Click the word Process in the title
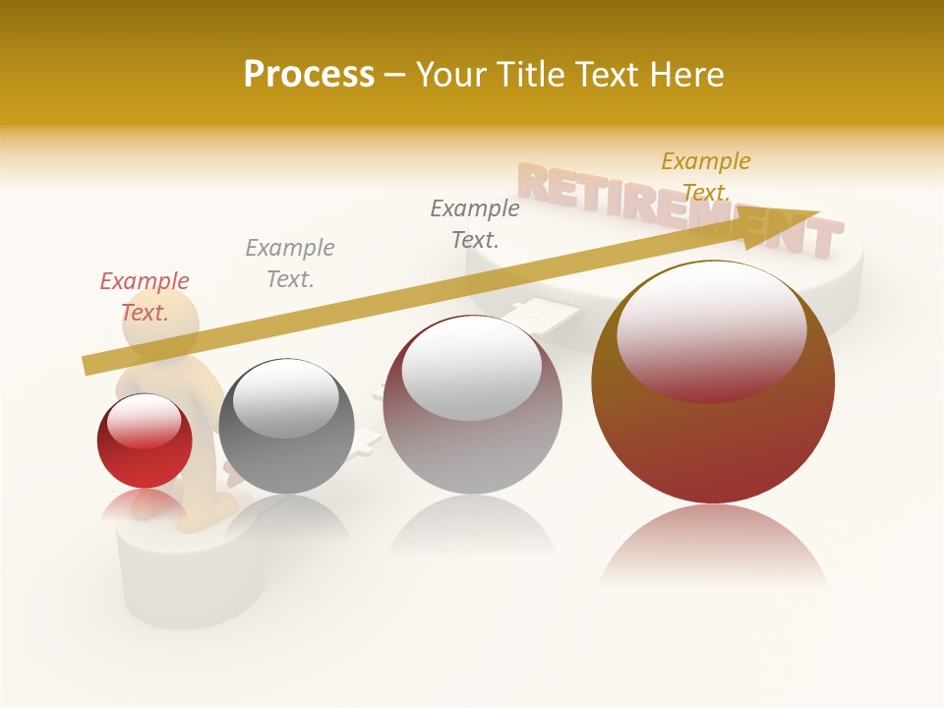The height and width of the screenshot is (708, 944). (309, 75)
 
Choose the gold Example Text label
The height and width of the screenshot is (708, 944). (705, 176)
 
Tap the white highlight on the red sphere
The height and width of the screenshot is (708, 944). (148, 421)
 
